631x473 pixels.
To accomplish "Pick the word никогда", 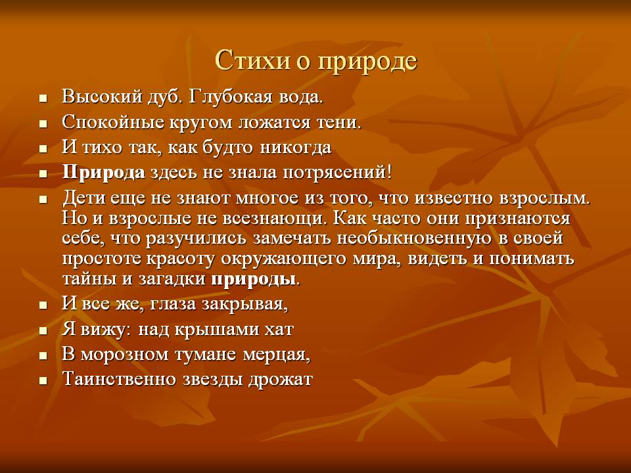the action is tap(295, 147).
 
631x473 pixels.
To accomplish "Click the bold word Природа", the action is tap(103, 173).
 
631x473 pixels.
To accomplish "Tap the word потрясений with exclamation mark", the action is tap(337, 173).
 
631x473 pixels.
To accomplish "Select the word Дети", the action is tap(83, 198).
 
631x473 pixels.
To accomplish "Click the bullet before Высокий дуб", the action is tap(43, 98).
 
